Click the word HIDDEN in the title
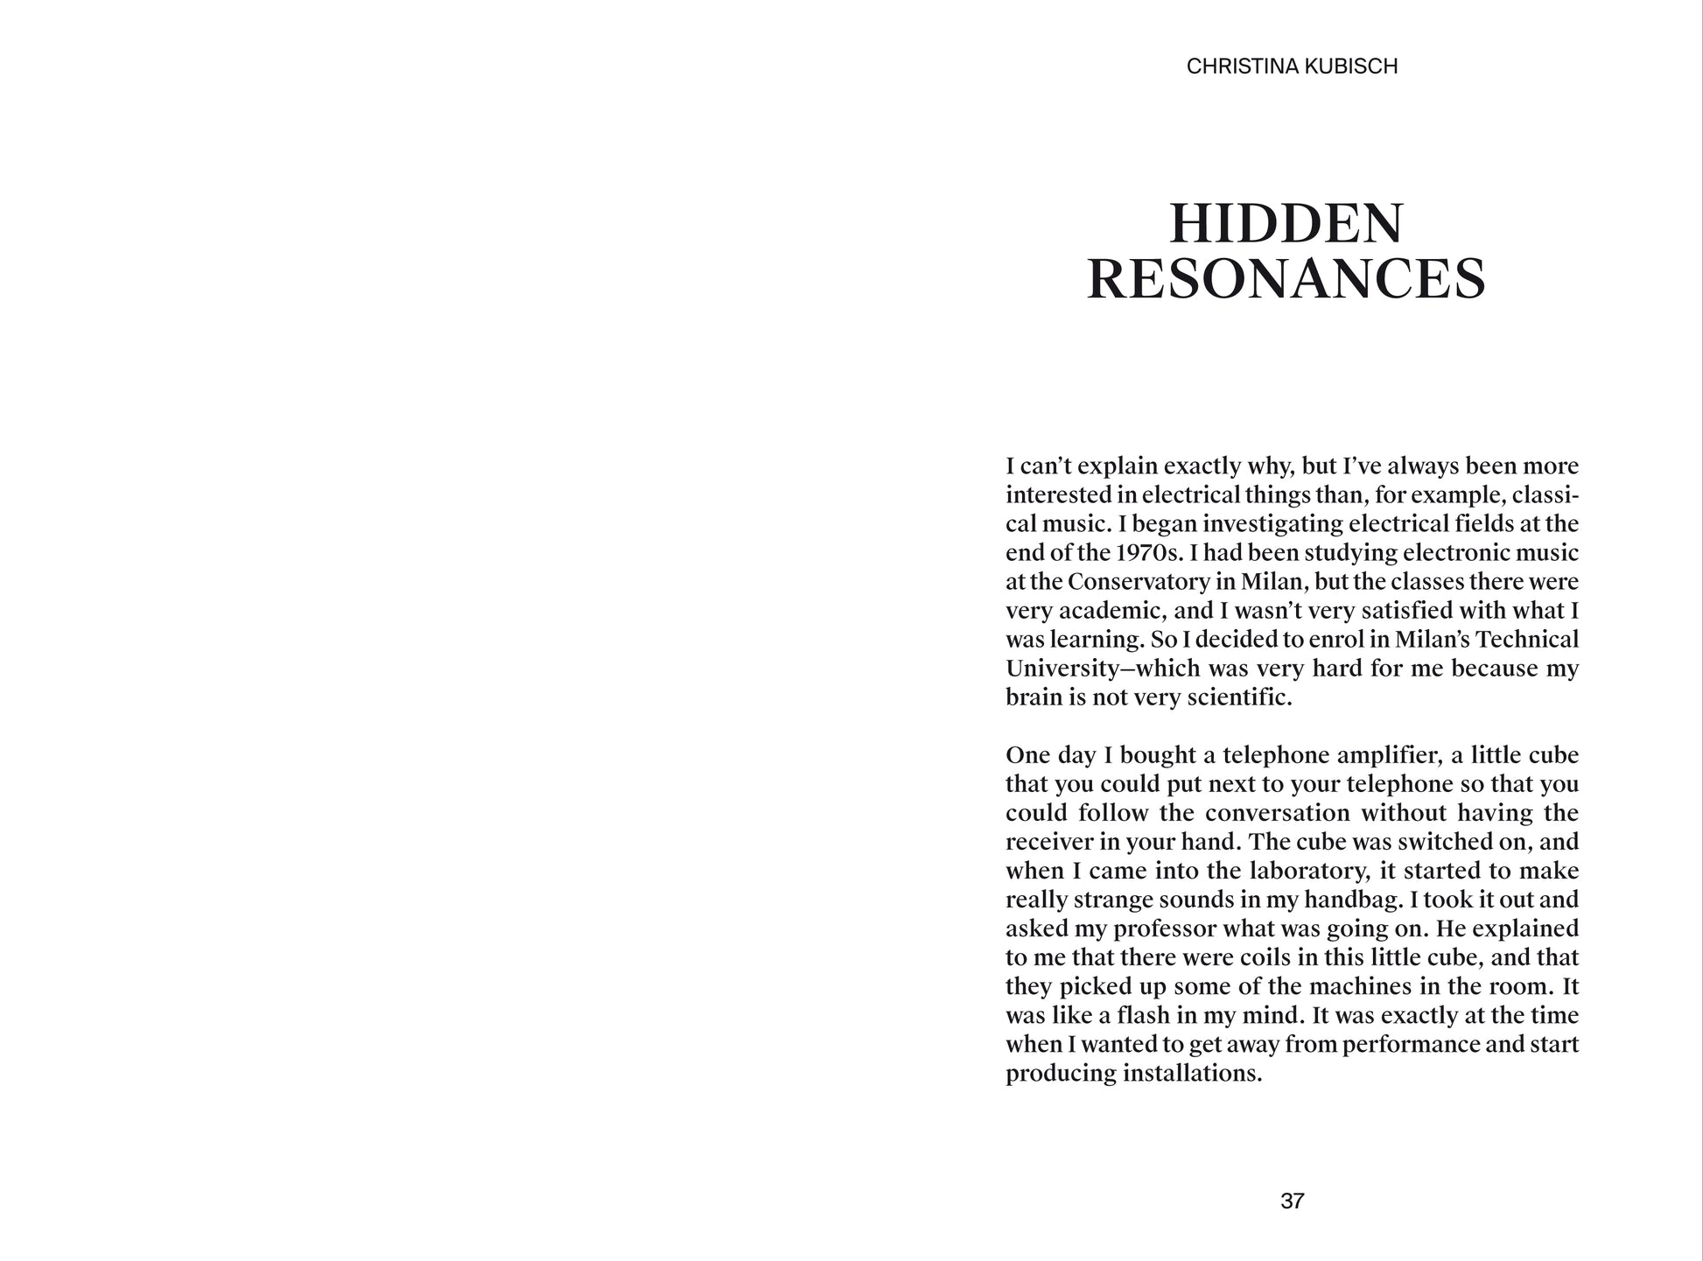[x=1286, y=224]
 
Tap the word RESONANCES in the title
[x=1286, y=280]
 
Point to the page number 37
[x=1292, y=1201]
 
